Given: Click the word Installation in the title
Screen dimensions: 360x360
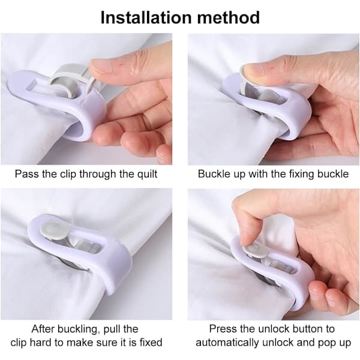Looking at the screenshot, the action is tap(146, 17).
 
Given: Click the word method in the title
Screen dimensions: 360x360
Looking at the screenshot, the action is tap(229, 17).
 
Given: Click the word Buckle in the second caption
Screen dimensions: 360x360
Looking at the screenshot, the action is tap(214, 174).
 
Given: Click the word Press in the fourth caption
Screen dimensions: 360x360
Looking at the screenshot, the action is tap(223, 329).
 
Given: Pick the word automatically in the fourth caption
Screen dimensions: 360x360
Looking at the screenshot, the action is tap(228, 343).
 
